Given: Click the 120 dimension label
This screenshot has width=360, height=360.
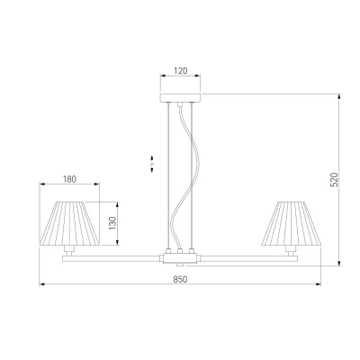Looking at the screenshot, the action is tap(181, 71).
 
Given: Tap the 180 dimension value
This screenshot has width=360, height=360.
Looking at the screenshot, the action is tap(69, 179).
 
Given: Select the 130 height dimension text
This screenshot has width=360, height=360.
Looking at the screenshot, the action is tap(112, 223).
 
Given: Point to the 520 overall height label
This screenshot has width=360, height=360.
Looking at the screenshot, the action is tap(334, 180).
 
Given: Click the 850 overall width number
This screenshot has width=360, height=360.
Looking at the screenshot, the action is tap(180, 279).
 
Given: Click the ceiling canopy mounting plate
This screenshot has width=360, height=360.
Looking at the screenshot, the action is tap(180, 98).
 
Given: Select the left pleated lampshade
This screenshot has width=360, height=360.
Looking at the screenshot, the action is tap(69, 223).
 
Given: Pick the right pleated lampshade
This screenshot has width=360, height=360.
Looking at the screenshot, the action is tap(291, 223).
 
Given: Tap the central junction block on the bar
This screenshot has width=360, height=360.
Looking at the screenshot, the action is tap(180, 258).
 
